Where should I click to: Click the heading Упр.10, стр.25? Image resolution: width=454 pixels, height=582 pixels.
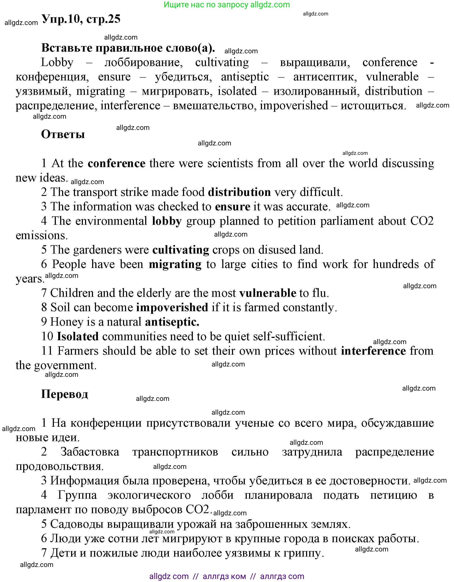(x=81, y=19)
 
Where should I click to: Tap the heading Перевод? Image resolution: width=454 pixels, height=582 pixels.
(x=64, y=394)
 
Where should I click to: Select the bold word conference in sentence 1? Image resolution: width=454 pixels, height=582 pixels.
(x=116, y=163)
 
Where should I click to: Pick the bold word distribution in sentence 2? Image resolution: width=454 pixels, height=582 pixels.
(x=239, y=192)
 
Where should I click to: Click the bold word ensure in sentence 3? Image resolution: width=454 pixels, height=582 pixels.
(x=232, y=206)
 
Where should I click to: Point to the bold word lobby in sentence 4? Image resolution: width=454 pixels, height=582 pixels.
(x=167, y=221)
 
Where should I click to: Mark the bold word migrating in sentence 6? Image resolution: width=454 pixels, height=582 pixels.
(x=175, y=264)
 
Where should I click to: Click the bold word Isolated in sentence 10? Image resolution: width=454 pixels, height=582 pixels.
(x=78, y=336)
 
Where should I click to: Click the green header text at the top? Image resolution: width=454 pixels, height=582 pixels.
(x=227, y=5)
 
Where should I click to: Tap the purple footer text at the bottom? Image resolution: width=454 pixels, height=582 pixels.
(x=227, y=576)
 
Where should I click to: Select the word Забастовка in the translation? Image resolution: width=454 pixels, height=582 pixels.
(x=90, y=452)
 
